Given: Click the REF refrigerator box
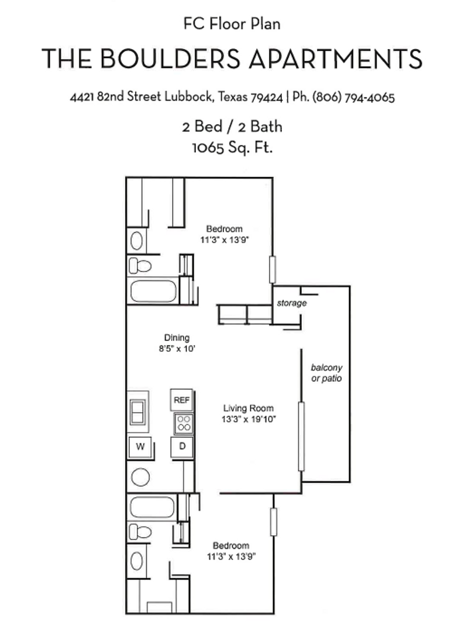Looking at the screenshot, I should [x=181, y=400].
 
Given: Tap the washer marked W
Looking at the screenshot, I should [x=140, y=447].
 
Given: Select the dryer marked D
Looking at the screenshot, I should [x=182, y=447].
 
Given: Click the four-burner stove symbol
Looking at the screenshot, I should [x=183, y=423].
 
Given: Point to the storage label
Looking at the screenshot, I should [x=291, y=304].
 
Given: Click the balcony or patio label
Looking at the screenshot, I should [x=326, y=373].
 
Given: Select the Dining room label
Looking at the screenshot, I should [x=177, y=338].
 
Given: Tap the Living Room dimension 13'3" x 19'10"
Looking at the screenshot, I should [x=249, y=419].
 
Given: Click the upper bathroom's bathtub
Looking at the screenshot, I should [x=153, y=291].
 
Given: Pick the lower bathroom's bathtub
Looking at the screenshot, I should [x=152, y=506].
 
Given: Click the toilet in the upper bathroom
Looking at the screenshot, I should [x=140, y=266].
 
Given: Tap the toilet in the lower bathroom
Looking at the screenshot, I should [x=140, y=532].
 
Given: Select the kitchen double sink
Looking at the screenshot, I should [x=138, y=412].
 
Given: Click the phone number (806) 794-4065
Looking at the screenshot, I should [x=353, y=97].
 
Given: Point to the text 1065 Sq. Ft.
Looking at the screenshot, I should [x=233, y=147].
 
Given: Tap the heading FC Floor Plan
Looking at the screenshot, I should [x=232, y=25].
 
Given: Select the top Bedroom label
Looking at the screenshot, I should [x=224, y=229].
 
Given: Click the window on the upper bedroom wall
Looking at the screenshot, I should [x=272, y=270].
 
